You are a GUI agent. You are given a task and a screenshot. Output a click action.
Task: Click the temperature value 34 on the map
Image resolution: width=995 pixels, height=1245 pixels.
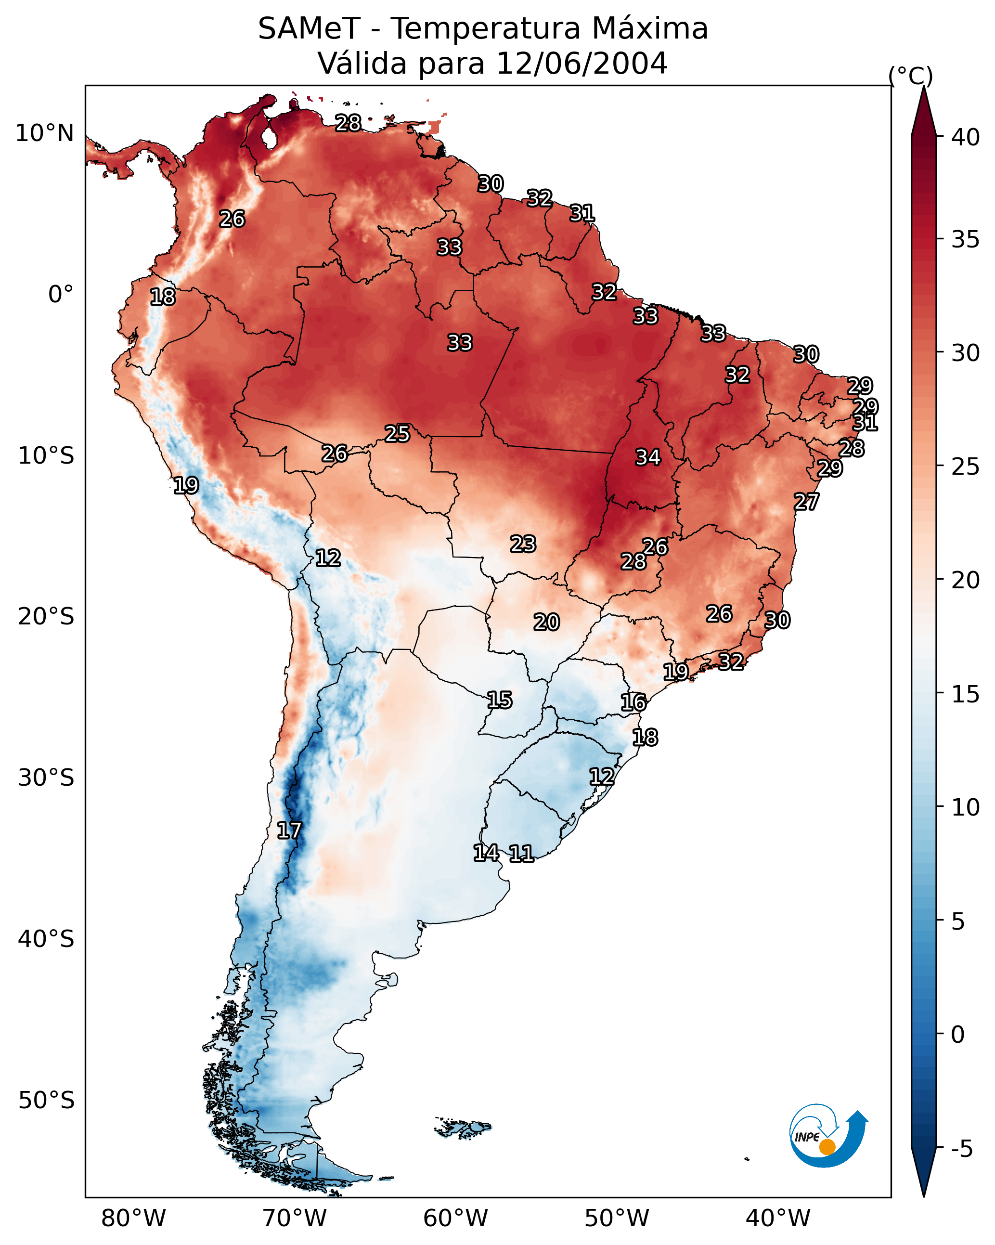[x=647, y=457]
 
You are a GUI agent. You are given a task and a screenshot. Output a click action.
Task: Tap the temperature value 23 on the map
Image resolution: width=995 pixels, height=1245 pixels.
[x=523, y=544]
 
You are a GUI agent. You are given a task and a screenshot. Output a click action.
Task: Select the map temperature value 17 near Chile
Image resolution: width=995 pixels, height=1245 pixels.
[x=289, y=830]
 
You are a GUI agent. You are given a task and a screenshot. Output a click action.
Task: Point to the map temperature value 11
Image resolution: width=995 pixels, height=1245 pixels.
[x=521, y=853]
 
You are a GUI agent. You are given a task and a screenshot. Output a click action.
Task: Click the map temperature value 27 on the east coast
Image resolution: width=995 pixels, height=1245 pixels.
[x=806, y=501]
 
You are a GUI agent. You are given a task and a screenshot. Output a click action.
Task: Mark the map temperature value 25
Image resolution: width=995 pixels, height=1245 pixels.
[x=397, y=433]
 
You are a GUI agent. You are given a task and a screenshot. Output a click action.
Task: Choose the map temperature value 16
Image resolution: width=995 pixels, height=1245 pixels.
[x=633, y=702]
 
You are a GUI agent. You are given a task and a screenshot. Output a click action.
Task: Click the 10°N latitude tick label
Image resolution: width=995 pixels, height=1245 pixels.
[x=44, y=133]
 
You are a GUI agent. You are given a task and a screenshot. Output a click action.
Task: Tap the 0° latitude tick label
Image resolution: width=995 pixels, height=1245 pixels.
[x=61, y=295]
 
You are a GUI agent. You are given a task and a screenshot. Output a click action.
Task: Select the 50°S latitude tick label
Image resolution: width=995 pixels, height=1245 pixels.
[x=46, y=1101]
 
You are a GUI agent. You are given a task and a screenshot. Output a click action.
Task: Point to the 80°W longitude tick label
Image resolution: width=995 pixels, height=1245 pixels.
[x=133, y=1218]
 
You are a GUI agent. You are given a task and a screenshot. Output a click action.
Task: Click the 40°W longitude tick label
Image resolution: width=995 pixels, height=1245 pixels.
[x=778, y=1218]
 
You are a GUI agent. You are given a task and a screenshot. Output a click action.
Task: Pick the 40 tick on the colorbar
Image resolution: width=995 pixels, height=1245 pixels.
[x=966, y=137]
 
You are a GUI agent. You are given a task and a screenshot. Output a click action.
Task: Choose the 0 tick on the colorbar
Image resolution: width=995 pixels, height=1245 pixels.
[x=957, y=1035]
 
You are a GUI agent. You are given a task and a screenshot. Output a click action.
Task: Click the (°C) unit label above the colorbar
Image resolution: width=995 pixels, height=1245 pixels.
[x=910, y=76]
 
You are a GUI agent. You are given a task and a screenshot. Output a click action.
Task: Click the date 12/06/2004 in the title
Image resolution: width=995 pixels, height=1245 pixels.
[x=581, y=63]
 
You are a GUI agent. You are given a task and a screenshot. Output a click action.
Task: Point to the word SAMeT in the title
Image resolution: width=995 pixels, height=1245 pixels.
[x=309, y=28]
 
